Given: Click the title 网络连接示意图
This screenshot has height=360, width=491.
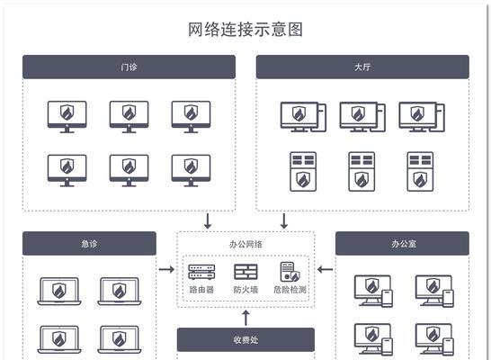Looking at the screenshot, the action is click(x=245, y=30).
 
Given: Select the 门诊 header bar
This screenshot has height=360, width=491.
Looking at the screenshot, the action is click(x=129, y=67).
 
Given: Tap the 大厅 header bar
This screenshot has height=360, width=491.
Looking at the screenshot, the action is click(x=362, y=67).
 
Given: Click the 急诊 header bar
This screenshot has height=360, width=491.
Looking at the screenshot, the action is click(x=89, y=243).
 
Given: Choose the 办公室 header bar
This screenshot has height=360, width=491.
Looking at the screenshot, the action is click(x=402, y=243).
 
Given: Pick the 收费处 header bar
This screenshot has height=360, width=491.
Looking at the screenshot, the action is click(x=245, y=339).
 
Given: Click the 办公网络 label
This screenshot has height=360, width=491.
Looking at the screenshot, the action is click(x=245, y=244).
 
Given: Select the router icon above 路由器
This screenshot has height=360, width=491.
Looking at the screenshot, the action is click(x=201, y=272).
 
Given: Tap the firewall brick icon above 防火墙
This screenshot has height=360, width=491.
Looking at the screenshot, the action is click(x=245, y=272).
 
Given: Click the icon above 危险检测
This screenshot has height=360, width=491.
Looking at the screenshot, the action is click(x=290, y=272).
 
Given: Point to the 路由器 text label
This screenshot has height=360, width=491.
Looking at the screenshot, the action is click(x=201, y=290).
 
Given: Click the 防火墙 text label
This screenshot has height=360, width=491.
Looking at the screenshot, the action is click(x=245, y=290).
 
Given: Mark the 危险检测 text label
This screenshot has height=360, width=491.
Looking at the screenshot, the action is click(x=290, y=290).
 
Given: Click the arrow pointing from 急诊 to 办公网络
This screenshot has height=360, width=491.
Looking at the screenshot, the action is click(x=166, y=269).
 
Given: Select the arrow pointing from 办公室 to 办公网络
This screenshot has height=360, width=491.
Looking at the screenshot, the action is click(x=325, y=269).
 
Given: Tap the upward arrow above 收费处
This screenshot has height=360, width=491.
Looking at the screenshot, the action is click(x=246, y=318).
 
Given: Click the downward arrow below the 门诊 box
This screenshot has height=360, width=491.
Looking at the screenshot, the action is click(x=208, y=221).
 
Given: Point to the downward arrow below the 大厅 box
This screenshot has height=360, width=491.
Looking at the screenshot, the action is click(x=284, y=221).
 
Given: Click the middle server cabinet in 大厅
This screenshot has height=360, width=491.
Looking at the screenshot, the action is click(x=362, y=172).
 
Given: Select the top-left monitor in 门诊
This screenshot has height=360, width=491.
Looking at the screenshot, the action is click(x=67, y=117).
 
